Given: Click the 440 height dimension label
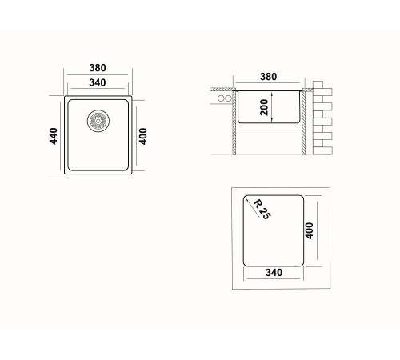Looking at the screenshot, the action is tap(54, 136).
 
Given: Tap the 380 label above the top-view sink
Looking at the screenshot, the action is tap(98, 68).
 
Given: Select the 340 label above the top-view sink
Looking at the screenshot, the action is tap(98, 82).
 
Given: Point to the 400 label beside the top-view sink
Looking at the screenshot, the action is tap(143, 136).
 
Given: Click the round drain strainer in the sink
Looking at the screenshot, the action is tap(98, 121).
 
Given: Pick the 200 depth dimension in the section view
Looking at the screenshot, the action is tap(264, 107).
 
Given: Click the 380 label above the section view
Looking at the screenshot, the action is tap(268, 77).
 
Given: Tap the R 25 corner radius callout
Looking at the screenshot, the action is tap(262, 210).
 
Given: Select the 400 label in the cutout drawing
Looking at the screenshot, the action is tap(309, 230).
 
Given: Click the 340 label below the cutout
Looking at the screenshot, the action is tap(274, 273).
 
